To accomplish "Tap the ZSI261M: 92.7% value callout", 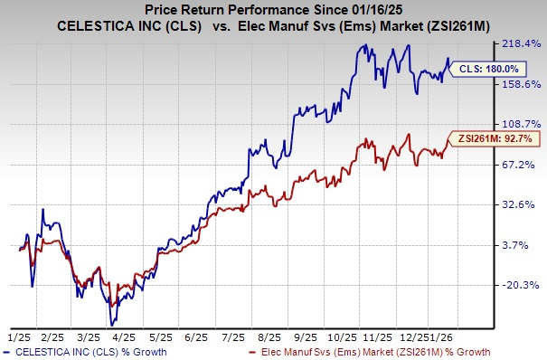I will pyautogui.click(x=496, y=138).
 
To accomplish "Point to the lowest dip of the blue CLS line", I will pyautogui.click(x=113, y=323).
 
